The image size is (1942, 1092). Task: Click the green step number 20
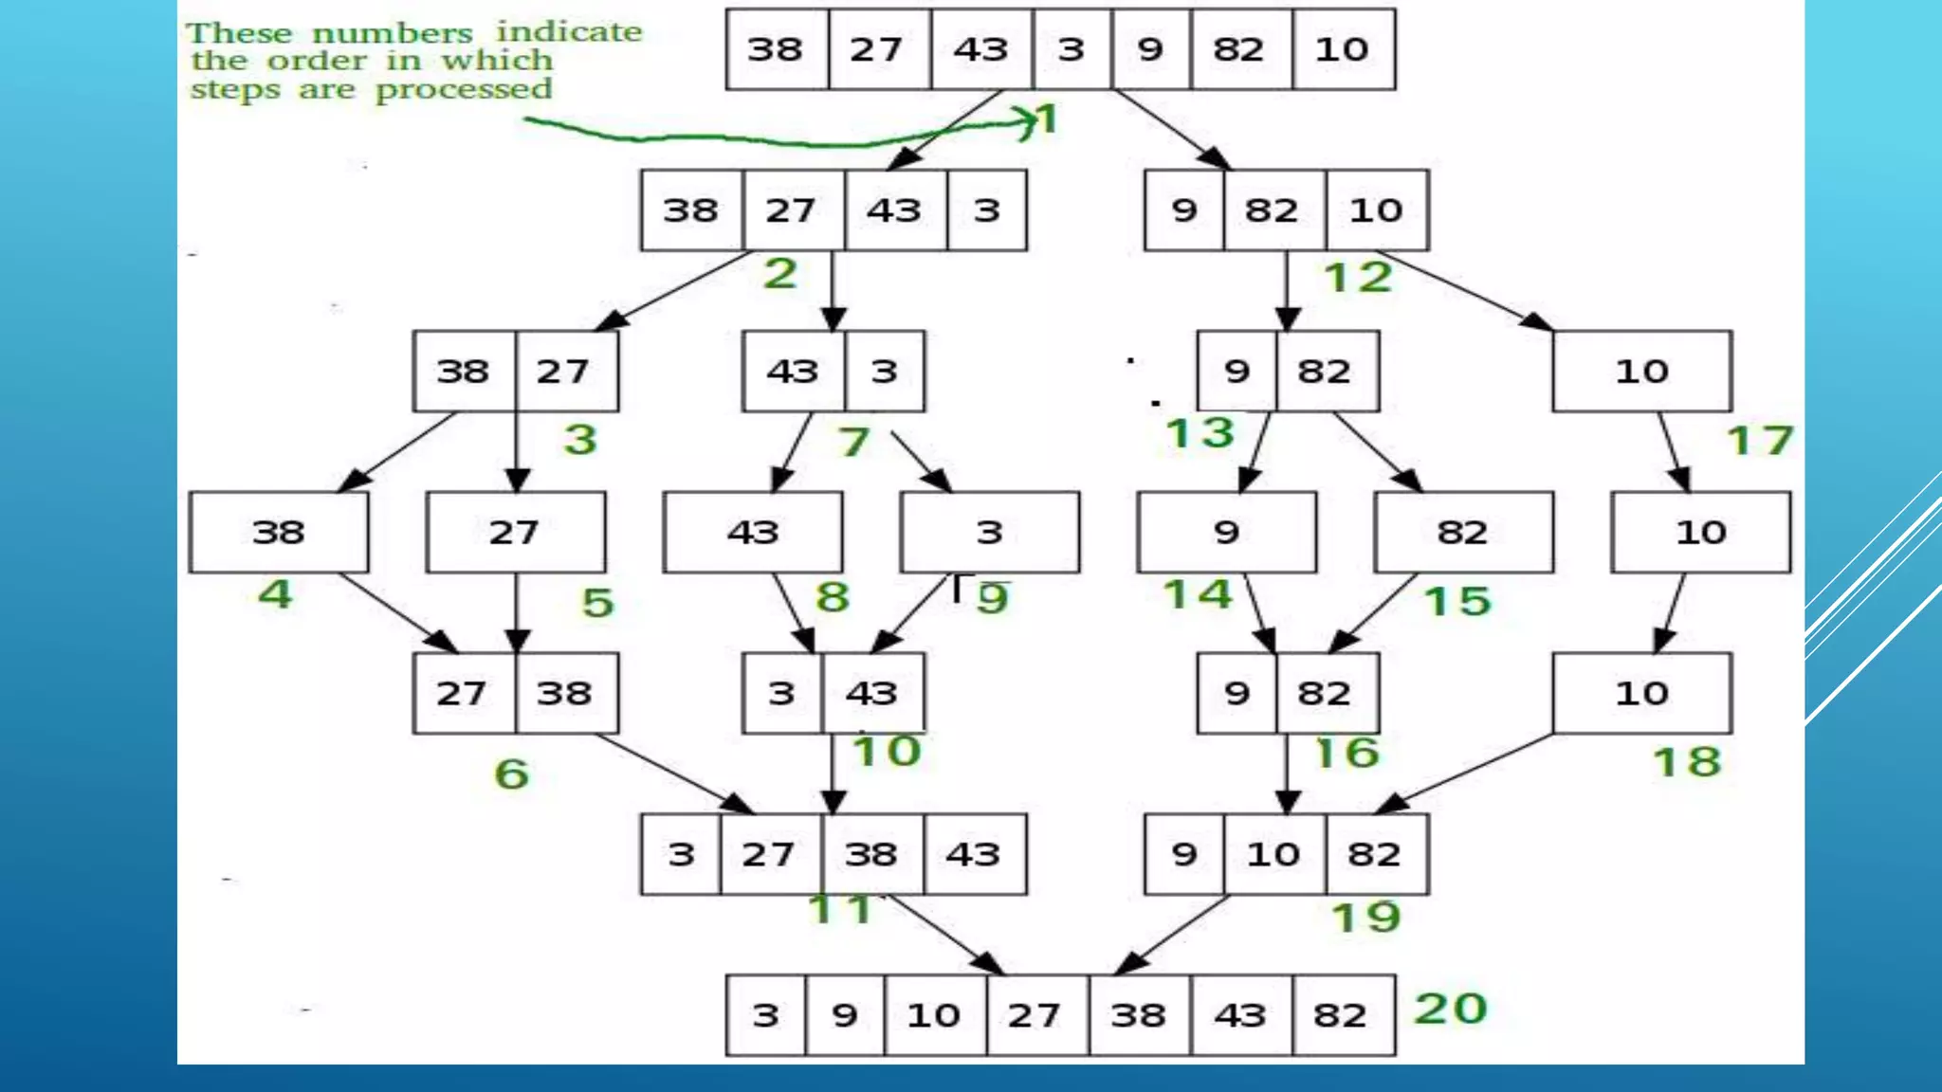click(x=1450, y=1009)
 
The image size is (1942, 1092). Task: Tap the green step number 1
click(x=1048, y=120)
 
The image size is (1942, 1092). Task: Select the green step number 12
click(x=1358, y=278)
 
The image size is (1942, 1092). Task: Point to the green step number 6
click(x=511, y=774)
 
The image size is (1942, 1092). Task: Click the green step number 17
click(x=1760, y=441)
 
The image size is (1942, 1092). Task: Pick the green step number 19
click(x=1365, y=918)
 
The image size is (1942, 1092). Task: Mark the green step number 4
click(x=275, y=594)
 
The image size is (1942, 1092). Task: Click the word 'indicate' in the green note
click(x=569, y=32)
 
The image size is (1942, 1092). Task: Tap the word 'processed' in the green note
click(x=464, y=90)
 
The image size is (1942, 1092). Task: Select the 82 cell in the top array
click(x=1239, y=49)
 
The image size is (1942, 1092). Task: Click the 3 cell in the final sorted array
click(x=765, y=1015)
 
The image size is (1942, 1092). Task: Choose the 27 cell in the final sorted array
click(x=1035, y=1015)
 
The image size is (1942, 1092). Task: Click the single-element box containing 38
click(x=278, y=532)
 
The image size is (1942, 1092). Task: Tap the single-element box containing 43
click(x=752, y=532)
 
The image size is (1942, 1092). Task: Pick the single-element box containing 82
click(x=1462, y=532)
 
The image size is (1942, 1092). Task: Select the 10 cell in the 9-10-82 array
click(x=1273, y=854)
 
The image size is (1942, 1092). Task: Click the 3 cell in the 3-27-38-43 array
click(x=681, y=854)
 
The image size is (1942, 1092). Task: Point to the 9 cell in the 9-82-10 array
click(x=1183, y=210)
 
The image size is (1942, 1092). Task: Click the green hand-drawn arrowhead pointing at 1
click(x=1028, y=122)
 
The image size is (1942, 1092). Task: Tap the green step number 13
click(x=1200, y=433)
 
